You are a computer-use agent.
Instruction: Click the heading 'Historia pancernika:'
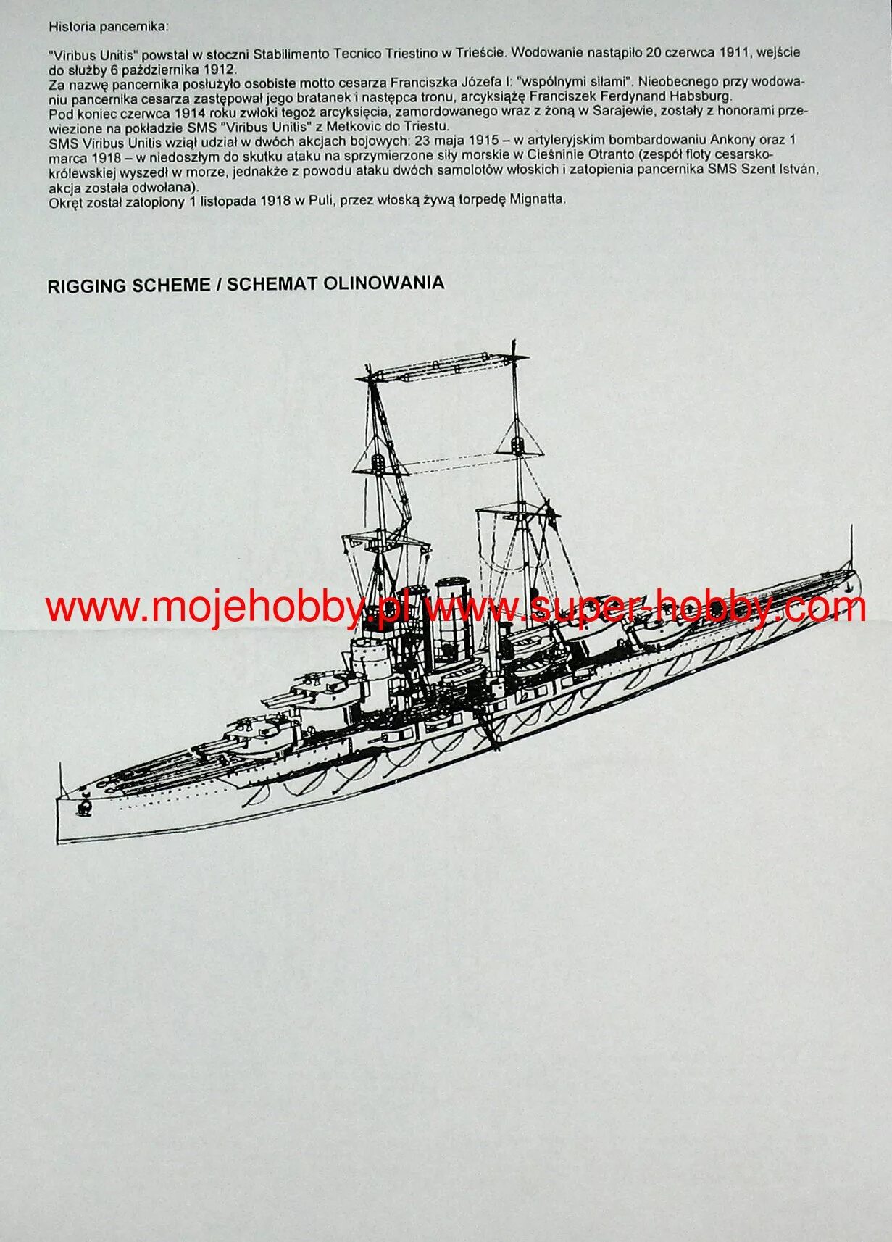tap(108, 27)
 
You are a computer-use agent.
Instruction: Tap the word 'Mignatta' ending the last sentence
tap(538, 199)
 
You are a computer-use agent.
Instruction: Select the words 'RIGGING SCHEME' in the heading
tap(128, 286)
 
